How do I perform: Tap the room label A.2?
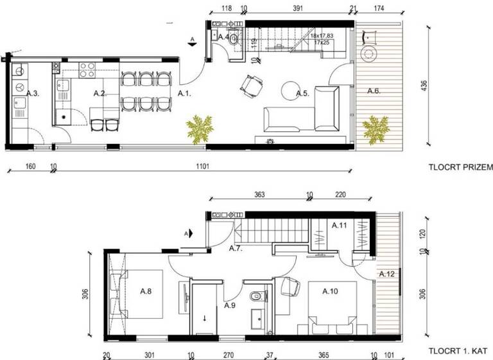click(99, 93)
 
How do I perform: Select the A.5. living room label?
click(303, 94)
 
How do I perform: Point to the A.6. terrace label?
click(374, 91)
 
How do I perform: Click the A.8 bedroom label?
click(146, 291)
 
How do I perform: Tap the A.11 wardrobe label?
click(339, 226)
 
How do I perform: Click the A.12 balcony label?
click(386, 274)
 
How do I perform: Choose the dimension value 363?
click(260, 195)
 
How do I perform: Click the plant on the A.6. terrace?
click(376, 128)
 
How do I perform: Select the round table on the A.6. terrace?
click(370, 53)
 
